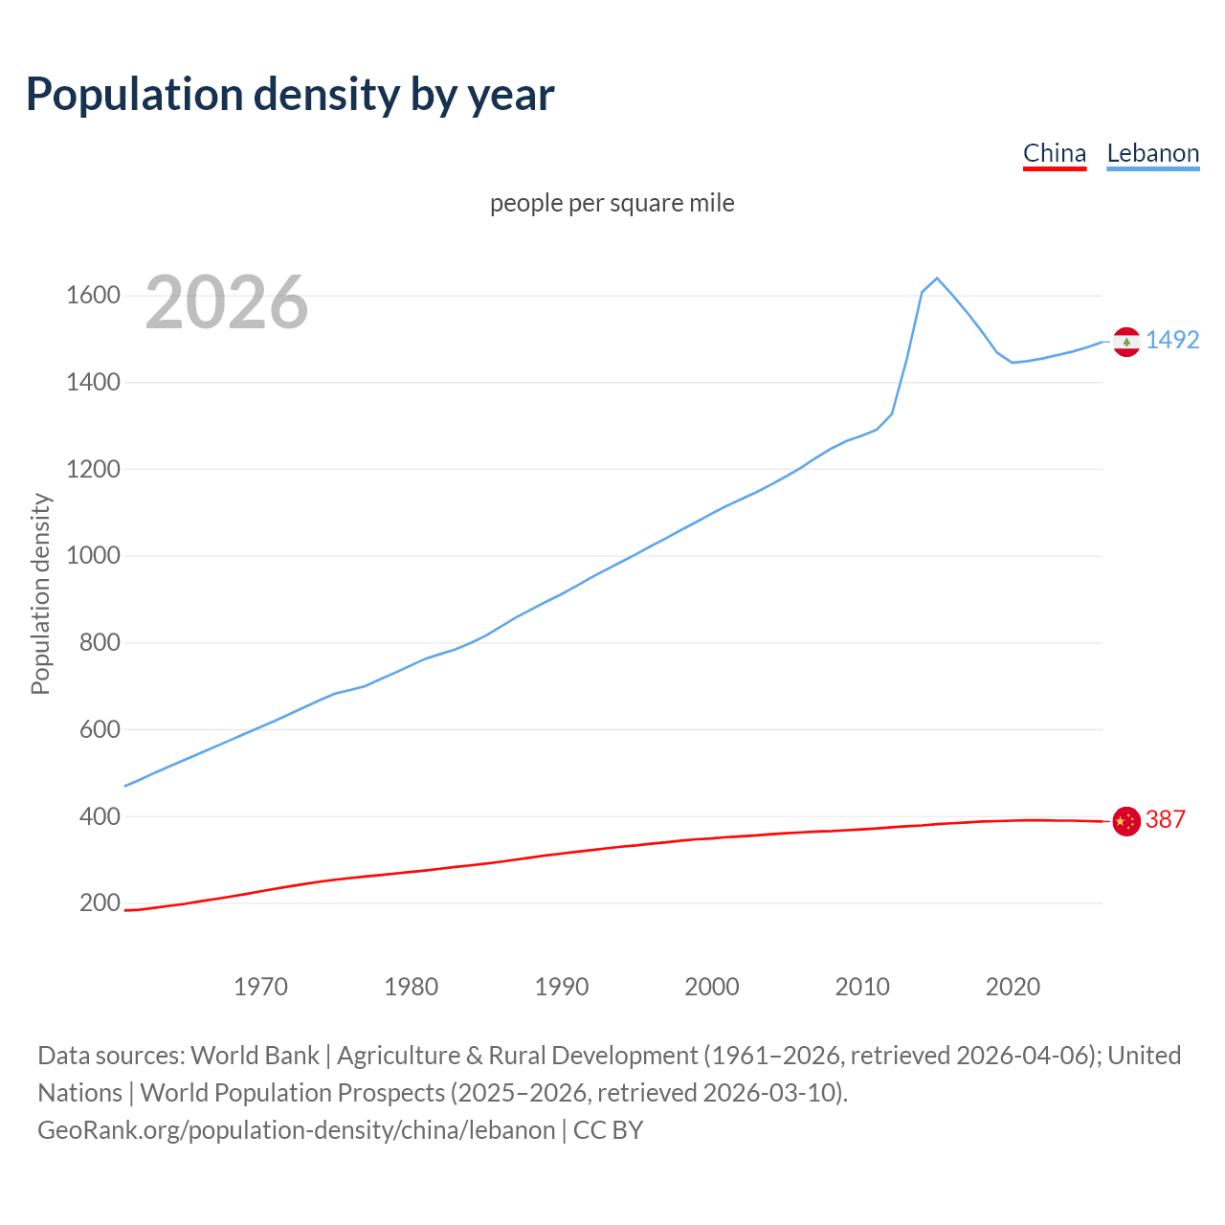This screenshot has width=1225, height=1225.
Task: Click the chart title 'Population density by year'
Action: (290, 95)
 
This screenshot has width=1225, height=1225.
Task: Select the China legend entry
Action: (1055, 153)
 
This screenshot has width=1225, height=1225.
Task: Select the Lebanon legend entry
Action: (1152, 153)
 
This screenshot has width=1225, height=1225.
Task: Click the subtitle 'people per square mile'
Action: (612, 203)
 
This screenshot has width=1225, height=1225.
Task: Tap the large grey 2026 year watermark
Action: (227, 302)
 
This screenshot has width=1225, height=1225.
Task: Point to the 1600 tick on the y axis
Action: (93, 295)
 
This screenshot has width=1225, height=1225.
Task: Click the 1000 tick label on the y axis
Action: (93, 555)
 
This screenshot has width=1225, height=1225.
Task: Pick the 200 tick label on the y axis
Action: (100, 902)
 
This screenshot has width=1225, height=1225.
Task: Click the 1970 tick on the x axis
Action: (260, 986)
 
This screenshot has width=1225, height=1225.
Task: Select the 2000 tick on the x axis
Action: (711, 986)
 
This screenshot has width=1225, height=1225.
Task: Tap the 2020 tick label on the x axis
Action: (1013, 986)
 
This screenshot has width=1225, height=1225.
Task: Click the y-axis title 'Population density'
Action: (40, 593)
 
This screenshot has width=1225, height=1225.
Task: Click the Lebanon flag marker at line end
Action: (1126, 342)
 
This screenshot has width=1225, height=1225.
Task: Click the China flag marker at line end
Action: (1126, 821)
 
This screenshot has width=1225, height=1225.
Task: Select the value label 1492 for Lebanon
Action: (1172, 340)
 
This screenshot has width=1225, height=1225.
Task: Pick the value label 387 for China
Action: (1165, 819)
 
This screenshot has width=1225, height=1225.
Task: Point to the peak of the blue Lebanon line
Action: (937, 278)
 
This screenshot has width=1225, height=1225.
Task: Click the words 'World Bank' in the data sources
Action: (255, 1055)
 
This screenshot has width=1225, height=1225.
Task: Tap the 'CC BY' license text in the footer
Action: (608, 1129)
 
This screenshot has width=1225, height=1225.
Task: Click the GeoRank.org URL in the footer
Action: (296, 1129)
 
